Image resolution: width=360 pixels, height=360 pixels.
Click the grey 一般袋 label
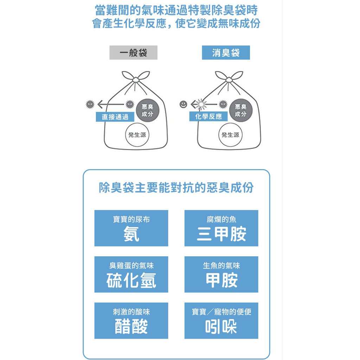click(133, 53)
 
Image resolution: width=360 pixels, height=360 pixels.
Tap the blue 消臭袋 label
click(226, 53)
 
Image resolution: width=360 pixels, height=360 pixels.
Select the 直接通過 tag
click(115, 117)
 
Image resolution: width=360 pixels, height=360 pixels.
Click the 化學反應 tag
click(208, 116)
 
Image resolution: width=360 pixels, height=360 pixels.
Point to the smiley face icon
click(183, 104)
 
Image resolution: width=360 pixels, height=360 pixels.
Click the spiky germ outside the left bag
click(90, 104)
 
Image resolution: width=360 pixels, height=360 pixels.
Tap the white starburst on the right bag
click(201, 104)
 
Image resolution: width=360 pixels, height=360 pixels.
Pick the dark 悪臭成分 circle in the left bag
click(147, 110)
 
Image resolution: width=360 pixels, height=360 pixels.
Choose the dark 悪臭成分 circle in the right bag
click(241, 110)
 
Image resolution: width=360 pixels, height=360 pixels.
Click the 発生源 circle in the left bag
click(137, 135)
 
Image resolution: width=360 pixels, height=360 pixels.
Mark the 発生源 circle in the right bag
click(230, 135)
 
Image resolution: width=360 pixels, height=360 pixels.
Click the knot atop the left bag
click(136, 80)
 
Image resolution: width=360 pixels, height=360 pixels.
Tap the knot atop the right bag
click(229, 80)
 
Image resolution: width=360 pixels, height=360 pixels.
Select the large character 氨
click(131, 234)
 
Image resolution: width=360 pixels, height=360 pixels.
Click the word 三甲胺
click(221, 234)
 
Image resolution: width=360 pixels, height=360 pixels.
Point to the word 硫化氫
click(131, 280)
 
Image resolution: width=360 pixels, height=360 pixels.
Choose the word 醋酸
click(131, 327)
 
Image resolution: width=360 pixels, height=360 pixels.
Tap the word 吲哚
click(221, 327)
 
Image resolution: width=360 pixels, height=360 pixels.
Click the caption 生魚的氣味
click(221, 266)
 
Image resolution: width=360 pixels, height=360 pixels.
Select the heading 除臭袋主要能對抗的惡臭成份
click(176, 188)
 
